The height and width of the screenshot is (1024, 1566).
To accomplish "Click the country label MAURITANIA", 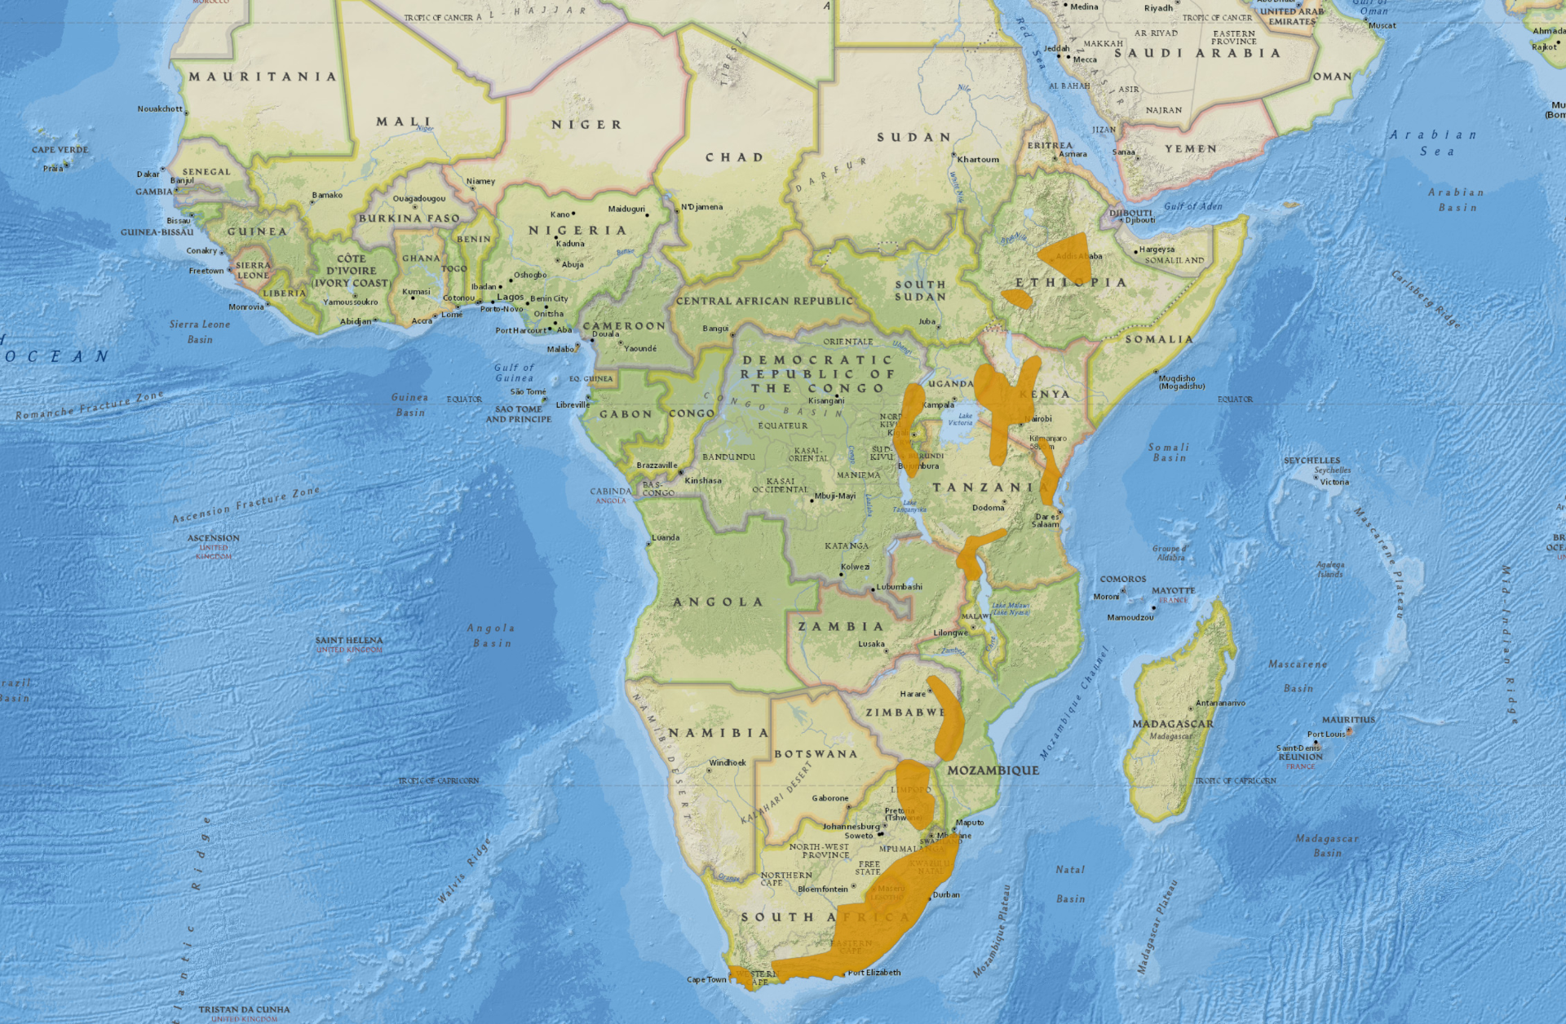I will coord(263,77).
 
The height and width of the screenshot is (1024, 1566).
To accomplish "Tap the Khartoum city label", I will coord(977,160).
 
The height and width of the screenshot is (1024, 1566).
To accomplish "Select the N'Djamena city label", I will coord(701,207).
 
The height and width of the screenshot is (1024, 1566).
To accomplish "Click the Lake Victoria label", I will coord(960,419).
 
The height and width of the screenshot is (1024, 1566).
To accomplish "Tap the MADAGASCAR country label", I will coord(1172,724).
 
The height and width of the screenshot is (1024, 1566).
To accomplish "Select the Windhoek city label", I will coord(727,763).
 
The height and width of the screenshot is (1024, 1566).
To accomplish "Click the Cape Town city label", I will coord(706,980).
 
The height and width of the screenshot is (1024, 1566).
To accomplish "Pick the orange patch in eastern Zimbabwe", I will coord(948,717).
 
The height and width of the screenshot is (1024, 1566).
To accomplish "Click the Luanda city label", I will coord(666,538).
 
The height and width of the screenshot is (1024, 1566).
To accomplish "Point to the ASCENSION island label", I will coord(213,538).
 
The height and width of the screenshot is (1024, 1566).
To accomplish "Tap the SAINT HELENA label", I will coord(348,641).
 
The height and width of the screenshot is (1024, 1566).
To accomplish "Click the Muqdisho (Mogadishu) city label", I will coord(1177,382).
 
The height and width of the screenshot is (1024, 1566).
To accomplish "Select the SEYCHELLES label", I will coord(1312,461).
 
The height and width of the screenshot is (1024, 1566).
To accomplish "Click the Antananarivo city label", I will coord(1219,703).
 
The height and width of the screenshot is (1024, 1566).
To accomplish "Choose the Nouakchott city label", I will coord(160,109).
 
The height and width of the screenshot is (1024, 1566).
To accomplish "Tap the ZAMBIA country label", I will coord(840,627).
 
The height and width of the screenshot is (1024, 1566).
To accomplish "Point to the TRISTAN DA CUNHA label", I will coord(244,1010).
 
